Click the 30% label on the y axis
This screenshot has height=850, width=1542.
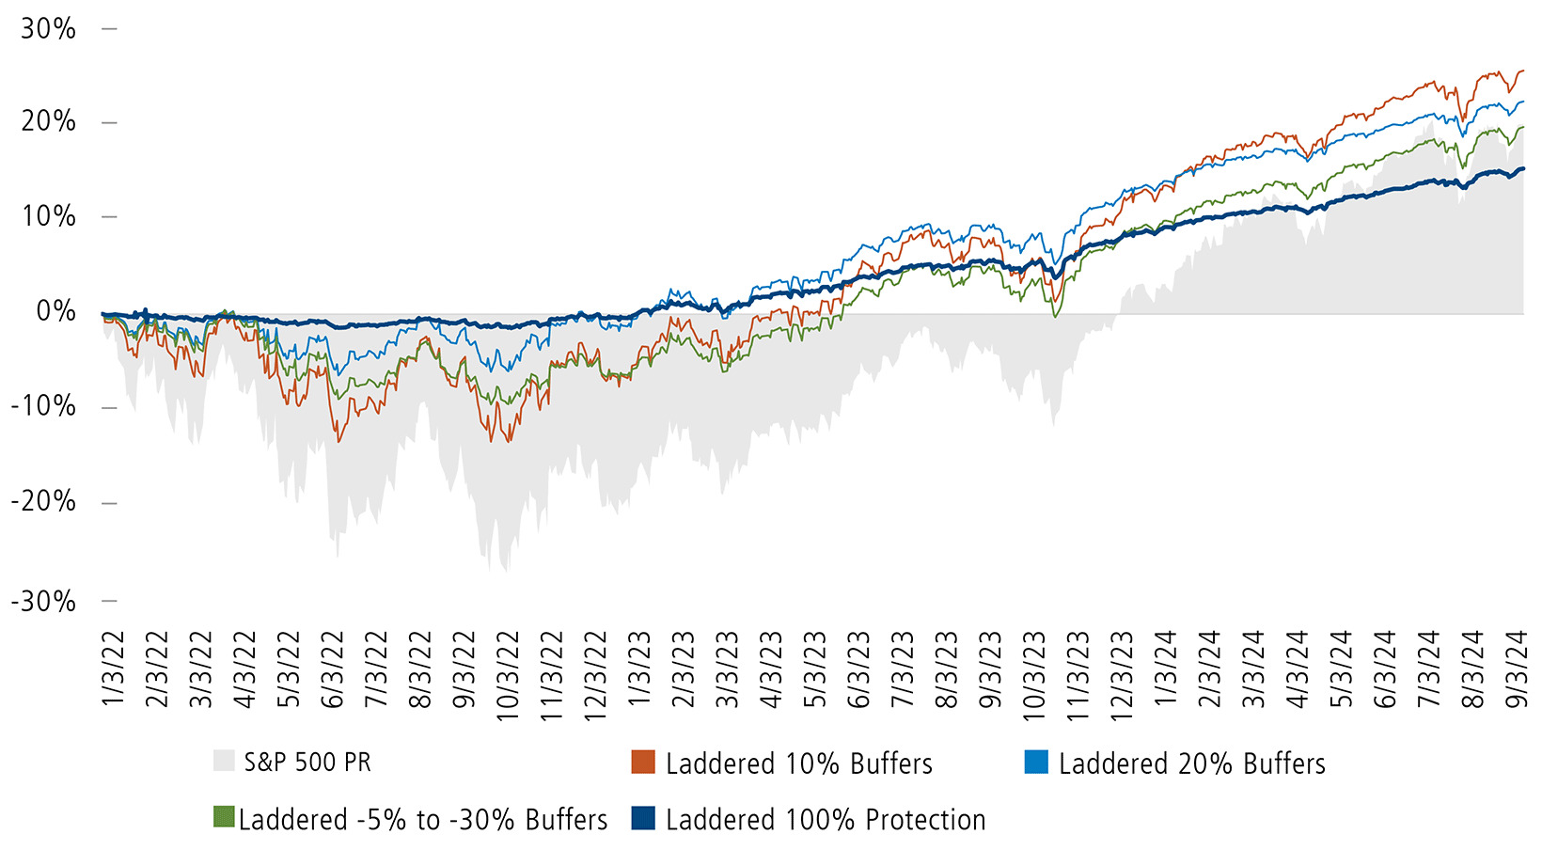48,29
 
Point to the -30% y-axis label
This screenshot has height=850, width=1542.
43,601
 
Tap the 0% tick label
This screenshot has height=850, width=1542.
55,311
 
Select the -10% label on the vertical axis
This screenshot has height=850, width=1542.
43,407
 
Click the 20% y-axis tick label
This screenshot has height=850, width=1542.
48,121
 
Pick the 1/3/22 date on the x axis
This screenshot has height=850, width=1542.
113,669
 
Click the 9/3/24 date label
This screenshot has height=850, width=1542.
1516,669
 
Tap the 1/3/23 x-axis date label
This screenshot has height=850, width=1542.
639,669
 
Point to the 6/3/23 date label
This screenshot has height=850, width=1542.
859,669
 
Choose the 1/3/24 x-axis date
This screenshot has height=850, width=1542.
1165,669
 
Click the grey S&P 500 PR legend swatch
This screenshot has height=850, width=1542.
224,761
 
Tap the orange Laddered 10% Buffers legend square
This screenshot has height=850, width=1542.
643,762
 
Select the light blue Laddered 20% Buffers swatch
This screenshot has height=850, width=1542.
1036,762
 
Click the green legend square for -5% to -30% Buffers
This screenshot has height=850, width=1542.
224,817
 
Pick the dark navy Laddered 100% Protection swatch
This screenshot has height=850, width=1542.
643,818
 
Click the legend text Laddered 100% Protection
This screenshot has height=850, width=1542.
826,820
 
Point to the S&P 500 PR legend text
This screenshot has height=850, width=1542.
307,762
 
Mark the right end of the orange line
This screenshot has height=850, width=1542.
1523,71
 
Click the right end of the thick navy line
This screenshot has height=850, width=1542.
1523,169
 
